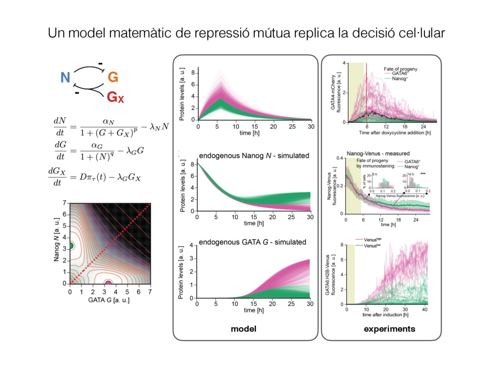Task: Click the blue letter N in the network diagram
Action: coord(65,77)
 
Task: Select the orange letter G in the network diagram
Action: coord(112,77)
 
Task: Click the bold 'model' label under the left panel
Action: coord(243,329)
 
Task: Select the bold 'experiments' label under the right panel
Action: coord(390,329)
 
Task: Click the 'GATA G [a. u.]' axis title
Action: coord(108,300)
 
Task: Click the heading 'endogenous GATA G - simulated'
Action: coord(253,242)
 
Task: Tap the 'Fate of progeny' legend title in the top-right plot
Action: coord(403,69)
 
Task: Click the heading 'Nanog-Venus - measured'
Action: coord(381,153)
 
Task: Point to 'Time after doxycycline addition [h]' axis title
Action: coord(395,132)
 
